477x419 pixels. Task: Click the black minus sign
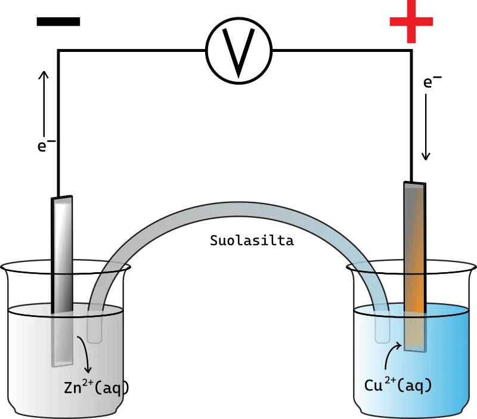[58, 21]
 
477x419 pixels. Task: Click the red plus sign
[411, 21]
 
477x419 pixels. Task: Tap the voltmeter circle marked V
[239, 51]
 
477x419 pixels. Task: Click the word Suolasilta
[252, 241]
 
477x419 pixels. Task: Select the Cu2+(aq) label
[398, 385]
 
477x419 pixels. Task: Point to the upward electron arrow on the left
[44, 104]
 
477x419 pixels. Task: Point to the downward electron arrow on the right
[426, 127]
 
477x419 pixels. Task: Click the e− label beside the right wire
[432, 82]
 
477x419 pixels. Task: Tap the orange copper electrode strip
[415, 266]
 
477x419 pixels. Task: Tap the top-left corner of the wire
[58, 51]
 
